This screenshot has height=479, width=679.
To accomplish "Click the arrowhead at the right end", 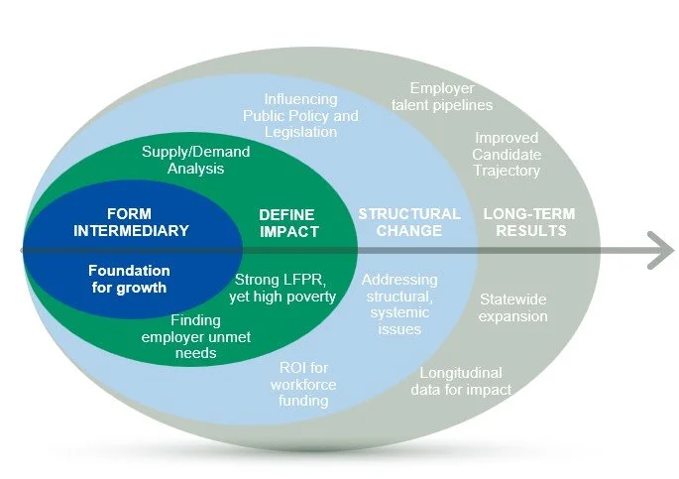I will coord(660,249).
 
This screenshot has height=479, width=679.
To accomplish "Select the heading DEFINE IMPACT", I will coord(288,223).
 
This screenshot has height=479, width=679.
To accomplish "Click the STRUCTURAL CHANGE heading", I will coord(409,222).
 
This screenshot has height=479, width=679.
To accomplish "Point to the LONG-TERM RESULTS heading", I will coord(528,222).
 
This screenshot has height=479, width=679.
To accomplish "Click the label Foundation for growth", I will coord(129,279).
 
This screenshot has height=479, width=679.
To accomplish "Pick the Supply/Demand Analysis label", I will coord(196,160).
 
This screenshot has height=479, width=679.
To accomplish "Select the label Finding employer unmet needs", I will coord(195,337).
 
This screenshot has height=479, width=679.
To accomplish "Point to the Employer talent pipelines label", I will coord(442,96).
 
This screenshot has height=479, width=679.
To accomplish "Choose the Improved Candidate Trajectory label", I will coord(506,155).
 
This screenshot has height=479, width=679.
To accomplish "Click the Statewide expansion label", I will coord(513,307).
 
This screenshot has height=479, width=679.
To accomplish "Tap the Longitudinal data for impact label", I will coord(461,382).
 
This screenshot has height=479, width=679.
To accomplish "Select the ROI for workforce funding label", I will coord(303,385).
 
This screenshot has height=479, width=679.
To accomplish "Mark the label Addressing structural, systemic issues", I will coord(398,304).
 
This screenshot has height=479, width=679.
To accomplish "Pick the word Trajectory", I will coord(507,171).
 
